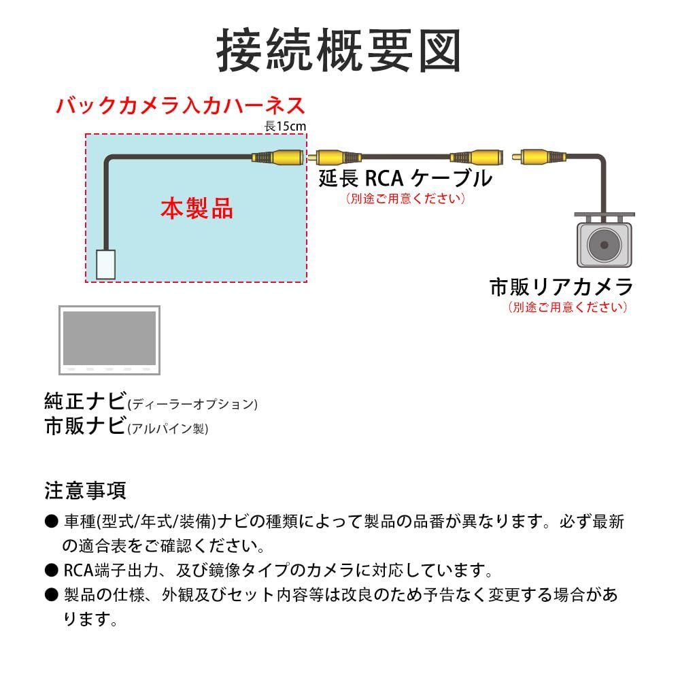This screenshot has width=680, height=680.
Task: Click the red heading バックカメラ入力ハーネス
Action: pyautogui.click(x=181, y=106)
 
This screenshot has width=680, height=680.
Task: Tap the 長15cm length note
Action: pyautogui.click(x=286, y=126)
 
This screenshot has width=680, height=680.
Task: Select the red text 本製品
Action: pyautogui.click(x=197, y=209)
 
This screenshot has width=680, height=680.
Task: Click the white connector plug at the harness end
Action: pyautogui.click(x=106, y=265)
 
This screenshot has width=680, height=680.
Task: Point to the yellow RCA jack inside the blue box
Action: pyautogui.click(x=277, y=157)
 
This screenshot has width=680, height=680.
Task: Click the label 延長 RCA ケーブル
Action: pyautogui.click(x=406, y=178)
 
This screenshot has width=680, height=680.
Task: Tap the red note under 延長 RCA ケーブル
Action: pyautogui.click(x=406, y=199)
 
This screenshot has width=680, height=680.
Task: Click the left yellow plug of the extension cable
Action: pyautogui.click(x=335, y=157)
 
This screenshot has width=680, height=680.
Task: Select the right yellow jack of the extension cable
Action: pyautogui.click(x=477, y=157)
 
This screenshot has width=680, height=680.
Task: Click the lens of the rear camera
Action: pyautogui.click(x=604, y=245)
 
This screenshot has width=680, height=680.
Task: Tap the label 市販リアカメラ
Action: pyautogui.click(x=561, y=287)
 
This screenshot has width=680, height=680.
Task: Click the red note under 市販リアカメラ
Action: pyautogui.click(x=568, y=307)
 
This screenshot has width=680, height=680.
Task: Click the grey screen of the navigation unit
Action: pyautogui.click(x=109, y=338)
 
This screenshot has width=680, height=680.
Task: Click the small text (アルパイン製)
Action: pyautogui.click(x=168, y=428)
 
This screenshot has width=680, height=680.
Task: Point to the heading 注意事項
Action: pyautogui.click(x=85, y=490)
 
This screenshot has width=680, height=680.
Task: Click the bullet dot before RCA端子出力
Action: pyautogui.click(x=51, y=570)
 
